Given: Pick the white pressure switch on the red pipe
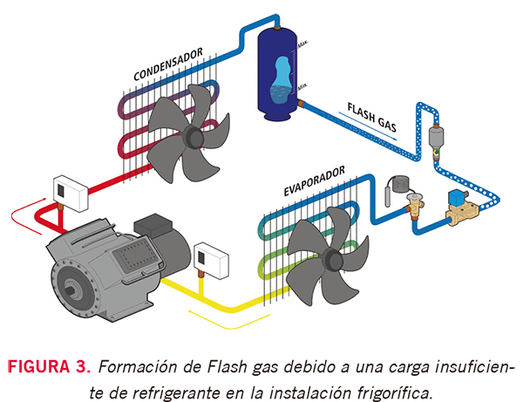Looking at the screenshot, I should coord(67,188).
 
